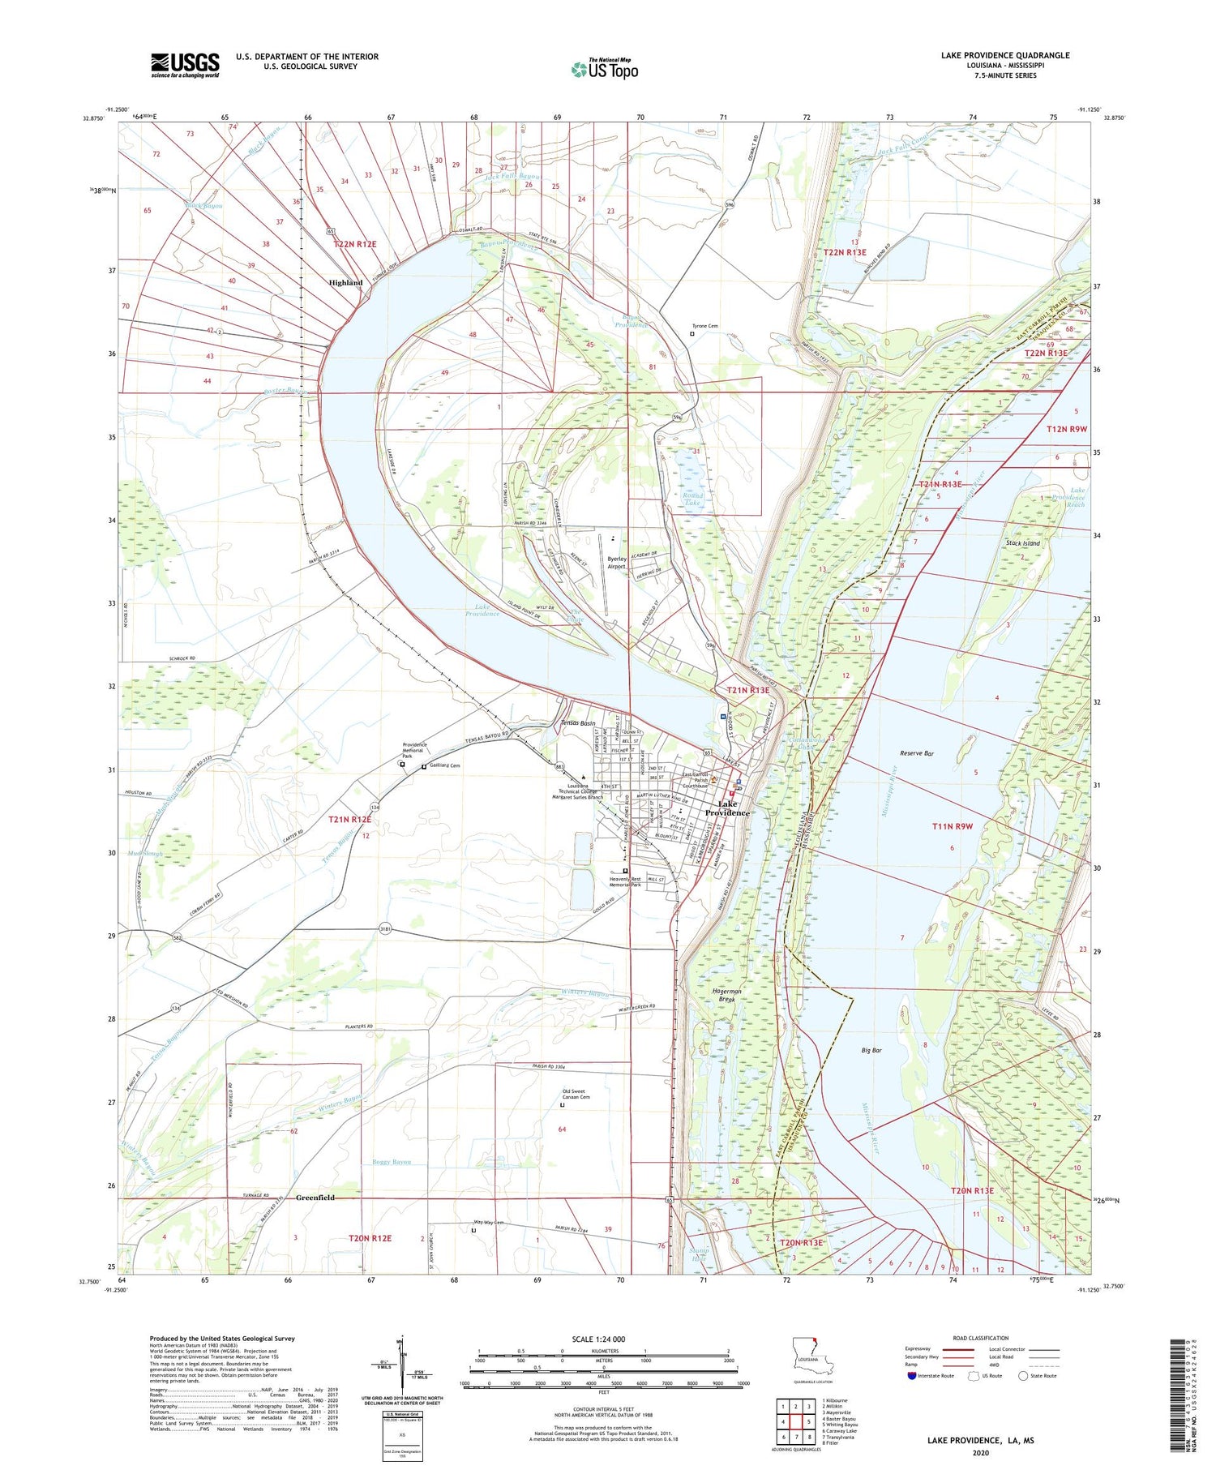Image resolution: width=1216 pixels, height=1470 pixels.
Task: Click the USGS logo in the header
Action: (x=185, y=65)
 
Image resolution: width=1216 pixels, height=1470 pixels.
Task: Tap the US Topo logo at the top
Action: (x=605, y=69)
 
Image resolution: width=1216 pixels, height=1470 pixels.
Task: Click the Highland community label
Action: (x=345, y=282)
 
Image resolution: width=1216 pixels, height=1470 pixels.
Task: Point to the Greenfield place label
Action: (x=315, y=1198)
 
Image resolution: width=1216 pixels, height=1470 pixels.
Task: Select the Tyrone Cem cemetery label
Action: (x=704, y=326)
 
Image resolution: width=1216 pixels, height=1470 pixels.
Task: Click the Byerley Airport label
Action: (x=616, y=562)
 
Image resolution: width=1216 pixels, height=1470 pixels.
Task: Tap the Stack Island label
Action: (x=1022, y=543)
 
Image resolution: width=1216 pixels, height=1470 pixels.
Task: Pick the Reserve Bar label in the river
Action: (x=917, y=753)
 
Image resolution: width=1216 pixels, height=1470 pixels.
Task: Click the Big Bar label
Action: (x=871, y=1050)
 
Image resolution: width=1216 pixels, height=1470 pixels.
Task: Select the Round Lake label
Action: (x=692, y=499)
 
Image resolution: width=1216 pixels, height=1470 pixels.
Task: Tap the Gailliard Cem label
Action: (x=445, y=766)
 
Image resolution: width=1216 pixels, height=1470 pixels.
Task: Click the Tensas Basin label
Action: (x=578, y=723)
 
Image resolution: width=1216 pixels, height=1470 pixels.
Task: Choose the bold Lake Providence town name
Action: (x=727, y=808)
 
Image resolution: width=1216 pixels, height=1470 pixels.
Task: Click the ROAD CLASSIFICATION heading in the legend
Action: (x=981, y=1338)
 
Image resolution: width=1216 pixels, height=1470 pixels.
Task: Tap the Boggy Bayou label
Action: (x=392, y=1162)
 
